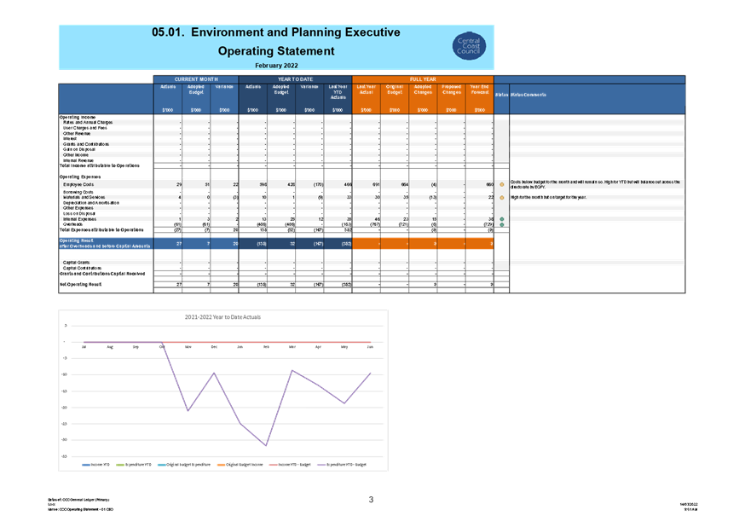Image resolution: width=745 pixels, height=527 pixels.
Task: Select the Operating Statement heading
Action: coord(276,51)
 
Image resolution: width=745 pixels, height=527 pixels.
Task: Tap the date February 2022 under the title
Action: coord(276,65)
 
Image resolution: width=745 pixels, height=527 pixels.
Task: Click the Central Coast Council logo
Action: coord(469,46)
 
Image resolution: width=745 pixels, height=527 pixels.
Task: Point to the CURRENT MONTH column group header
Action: coord(196,78)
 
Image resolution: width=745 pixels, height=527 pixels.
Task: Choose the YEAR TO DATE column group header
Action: coord(295,78)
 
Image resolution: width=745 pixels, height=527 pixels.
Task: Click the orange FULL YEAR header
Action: coord(423,78)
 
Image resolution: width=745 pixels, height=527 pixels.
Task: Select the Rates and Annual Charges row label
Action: coord(88,123)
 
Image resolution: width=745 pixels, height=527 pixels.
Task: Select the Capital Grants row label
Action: coord(78,262)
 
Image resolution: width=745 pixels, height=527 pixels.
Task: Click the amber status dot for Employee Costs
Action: coord(502,184)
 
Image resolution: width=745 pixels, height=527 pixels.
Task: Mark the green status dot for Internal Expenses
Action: coord(502,219)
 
